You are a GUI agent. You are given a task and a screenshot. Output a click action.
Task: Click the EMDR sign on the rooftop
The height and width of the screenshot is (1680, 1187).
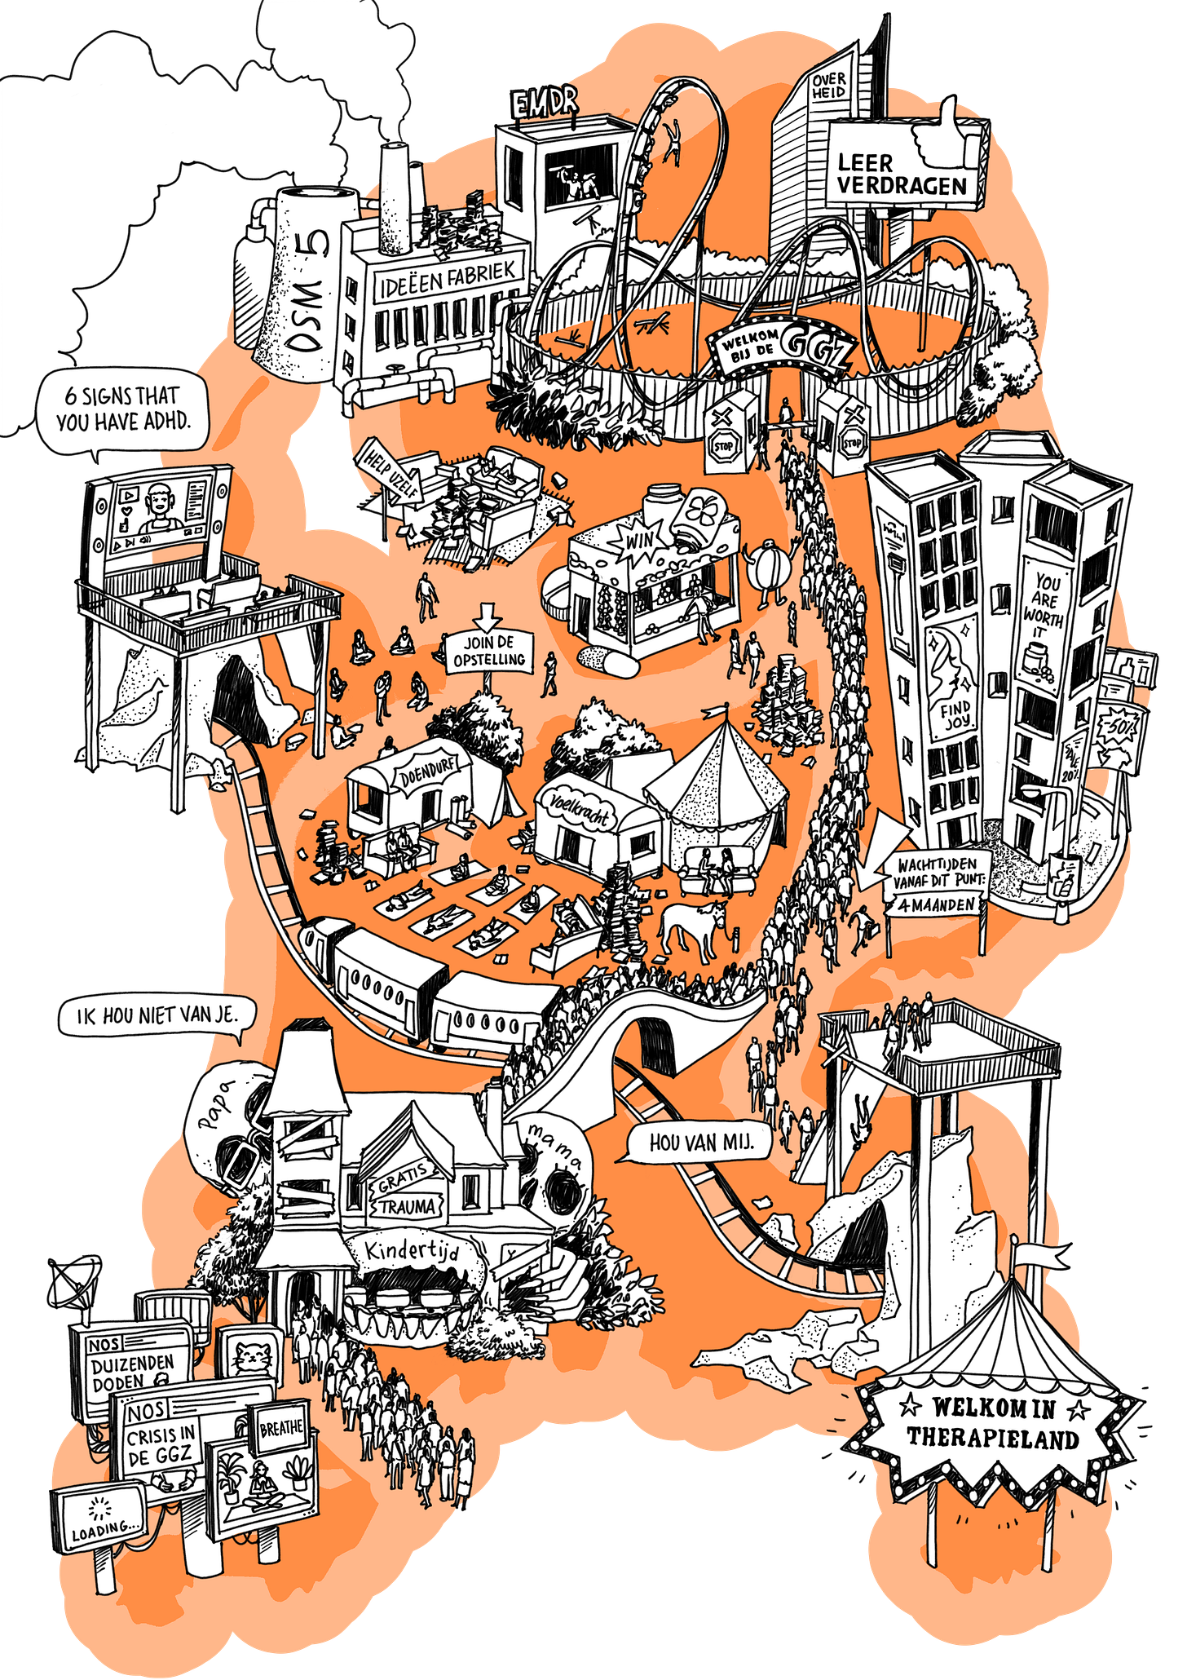(x=545, y=103)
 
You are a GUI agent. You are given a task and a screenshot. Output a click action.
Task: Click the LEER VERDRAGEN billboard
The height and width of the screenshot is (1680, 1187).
(x=902, y=174)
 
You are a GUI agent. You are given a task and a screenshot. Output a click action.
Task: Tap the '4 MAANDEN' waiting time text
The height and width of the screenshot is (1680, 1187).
(x=936, y=904)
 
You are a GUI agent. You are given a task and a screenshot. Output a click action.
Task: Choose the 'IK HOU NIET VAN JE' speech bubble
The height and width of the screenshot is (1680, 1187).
(x=157, y=1017)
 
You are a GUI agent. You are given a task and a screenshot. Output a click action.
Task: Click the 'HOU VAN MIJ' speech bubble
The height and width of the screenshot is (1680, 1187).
(x=699, y=1143)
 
